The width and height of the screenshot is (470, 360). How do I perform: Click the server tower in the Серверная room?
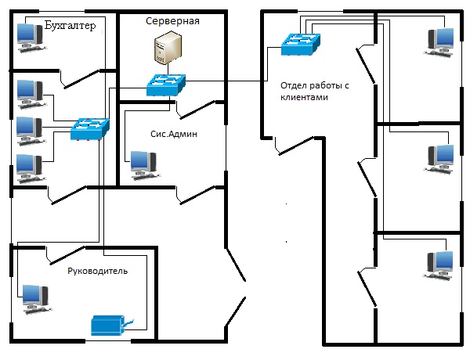166,49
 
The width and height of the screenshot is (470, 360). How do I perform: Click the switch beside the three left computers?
91,128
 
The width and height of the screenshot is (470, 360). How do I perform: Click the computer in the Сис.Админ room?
143,162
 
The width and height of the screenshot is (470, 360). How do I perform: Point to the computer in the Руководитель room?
35,297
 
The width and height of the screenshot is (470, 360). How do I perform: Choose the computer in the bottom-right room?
439,265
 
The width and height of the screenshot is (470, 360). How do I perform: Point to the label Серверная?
172,21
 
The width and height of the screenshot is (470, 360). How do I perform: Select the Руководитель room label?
97,271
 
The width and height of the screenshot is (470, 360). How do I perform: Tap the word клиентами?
302,99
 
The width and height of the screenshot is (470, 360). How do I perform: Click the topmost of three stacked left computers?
31,92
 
